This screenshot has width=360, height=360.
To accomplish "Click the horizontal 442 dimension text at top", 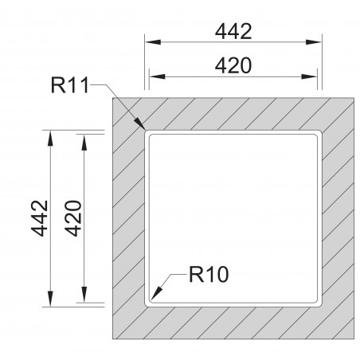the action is coord(233,32).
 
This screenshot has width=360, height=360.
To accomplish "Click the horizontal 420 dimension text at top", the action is coord(233,65).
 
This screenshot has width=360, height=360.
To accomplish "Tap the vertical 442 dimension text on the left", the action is coord(40,218).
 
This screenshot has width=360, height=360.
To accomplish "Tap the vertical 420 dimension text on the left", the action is coord(73,218).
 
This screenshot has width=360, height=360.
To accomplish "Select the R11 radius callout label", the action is coord(70,85).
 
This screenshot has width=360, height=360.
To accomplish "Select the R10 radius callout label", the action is coord(209,274).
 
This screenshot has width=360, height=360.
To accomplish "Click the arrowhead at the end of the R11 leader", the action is coord(139,123).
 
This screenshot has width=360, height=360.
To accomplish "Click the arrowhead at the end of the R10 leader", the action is coord(156,293).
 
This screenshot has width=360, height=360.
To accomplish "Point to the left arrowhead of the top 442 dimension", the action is coord(153,42).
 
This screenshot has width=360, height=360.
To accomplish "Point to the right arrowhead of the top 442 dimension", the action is coord(314,42).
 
